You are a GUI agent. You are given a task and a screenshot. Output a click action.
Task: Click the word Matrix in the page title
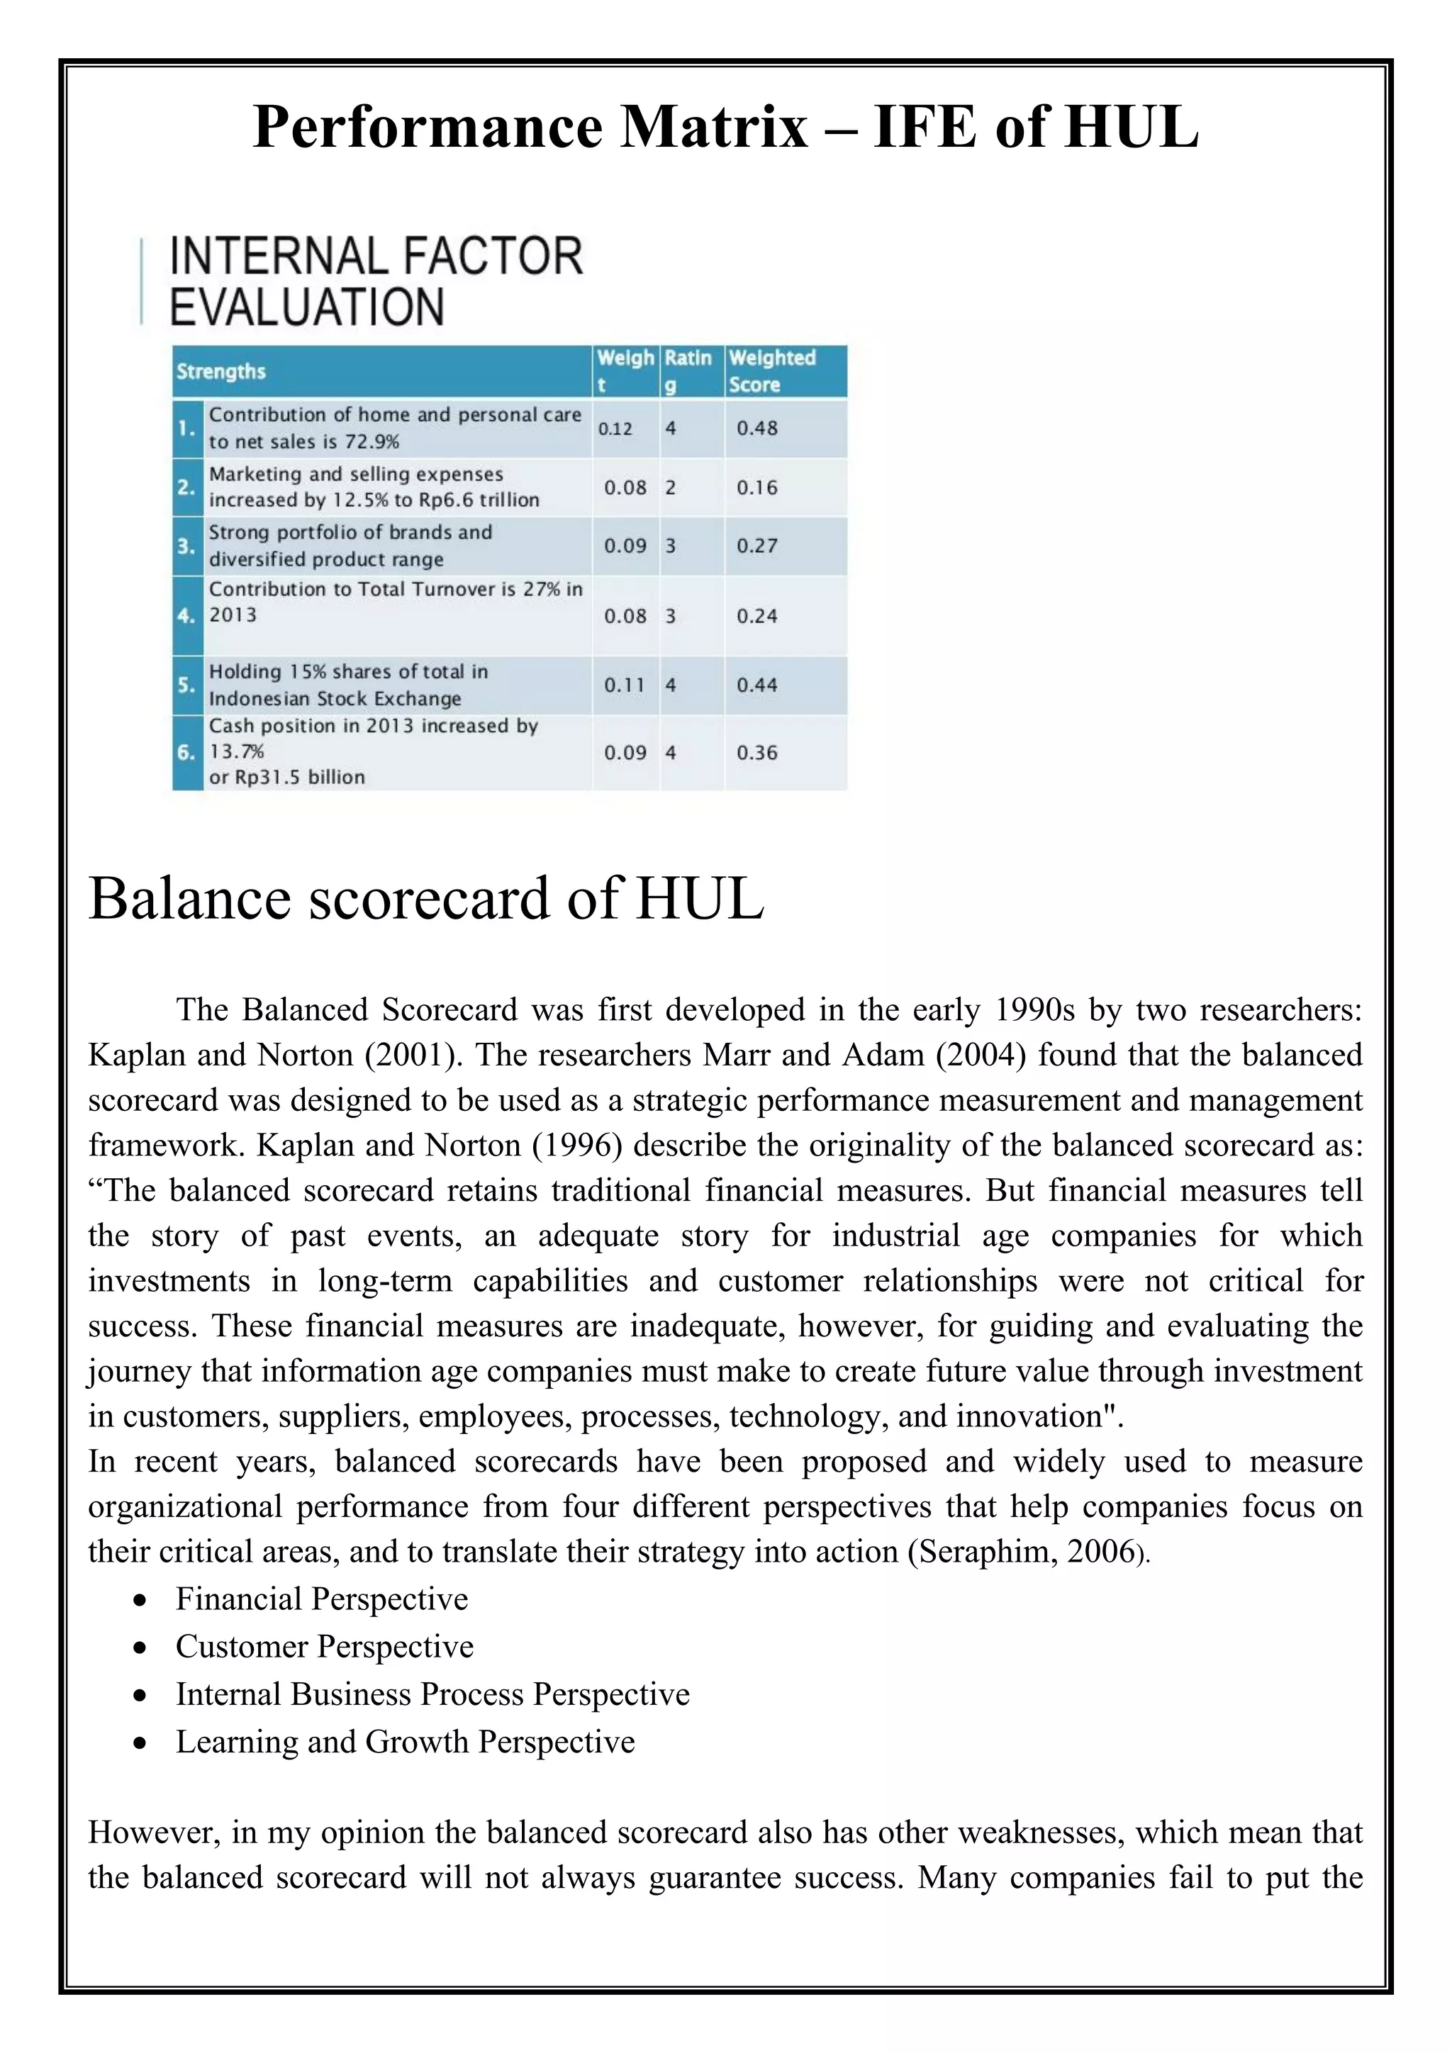click(715, 127)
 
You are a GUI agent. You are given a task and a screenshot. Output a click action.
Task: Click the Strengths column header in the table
click(220, 371)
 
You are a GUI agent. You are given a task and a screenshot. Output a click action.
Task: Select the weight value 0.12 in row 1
click(615, 428)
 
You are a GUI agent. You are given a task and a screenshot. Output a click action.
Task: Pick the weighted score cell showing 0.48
click(756, 428)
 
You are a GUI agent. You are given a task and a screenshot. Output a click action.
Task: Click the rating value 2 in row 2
click(671, 487)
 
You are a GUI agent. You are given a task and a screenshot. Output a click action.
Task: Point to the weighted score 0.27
click(756, 545)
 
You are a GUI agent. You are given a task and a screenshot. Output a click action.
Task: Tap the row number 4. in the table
click(186, 616)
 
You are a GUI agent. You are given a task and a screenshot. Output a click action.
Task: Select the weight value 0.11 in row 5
click(624, 685)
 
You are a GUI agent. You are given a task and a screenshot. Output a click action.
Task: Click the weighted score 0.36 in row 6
click(756, 753)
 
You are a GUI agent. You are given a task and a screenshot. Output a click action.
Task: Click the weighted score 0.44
click(756, 685)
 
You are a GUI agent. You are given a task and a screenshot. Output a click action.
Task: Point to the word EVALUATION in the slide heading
click(307, 307)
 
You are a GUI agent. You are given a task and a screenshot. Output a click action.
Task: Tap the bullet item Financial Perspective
click(322, 1599)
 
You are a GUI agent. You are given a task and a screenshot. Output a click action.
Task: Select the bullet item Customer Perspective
click(325, 1646)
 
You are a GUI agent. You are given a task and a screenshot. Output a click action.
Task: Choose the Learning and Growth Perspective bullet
click(405, 1741)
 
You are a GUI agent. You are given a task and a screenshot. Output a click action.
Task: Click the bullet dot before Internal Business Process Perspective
click(140, 1695)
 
